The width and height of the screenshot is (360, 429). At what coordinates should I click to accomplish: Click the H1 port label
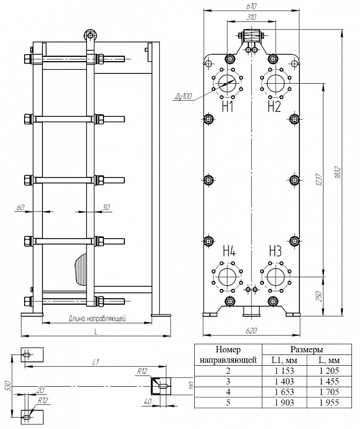click(x=227, y=107)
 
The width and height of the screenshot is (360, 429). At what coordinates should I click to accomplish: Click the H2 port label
click(x=274, y=107)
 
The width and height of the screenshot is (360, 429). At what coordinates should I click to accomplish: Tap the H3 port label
click(x=275, y=251)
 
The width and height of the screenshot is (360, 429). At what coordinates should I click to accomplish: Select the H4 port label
click(x=229, y=251)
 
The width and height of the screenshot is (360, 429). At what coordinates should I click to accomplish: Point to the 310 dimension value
click(x=251, y=17)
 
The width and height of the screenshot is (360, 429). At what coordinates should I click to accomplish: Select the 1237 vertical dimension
click(x=318, y=180)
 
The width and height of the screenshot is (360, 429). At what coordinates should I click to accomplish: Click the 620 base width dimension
click(x=251, y=331)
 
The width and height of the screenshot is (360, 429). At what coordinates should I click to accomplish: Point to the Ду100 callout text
click(x=183, y=97)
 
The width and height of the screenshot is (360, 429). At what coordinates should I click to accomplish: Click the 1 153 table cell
click(x=284, y=371)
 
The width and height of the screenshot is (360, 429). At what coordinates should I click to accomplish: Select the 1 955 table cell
click(x=329, y=402)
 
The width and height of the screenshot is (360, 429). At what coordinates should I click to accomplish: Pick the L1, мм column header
click(x=284, y=360)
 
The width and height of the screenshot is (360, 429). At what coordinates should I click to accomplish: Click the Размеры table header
click(x=306, y=350)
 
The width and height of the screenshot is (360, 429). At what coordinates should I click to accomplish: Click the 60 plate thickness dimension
click(x=21, y=208)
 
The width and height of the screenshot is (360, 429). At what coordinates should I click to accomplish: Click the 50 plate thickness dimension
click(x=106, y=207)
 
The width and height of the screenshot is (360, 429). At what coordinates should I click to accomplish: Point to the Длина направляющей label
click(x=97, y=319)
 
